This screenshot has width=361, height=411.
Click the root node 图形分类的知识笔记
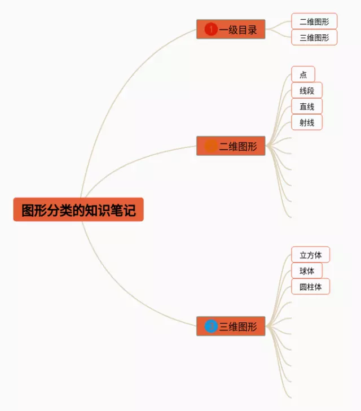tap(78, 209)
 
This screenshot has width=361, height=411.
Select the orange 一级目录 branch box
tap(231, 29)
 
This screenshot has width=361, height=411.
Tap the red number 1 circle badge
tap(211, 29)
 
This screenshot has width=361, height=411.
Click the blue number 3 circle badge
tap(211, 326)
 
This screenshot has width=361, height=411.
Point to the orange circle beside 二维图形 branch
tap(211, 146)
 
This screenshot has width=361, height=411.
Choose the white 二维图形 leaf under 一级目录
tap(314, 21)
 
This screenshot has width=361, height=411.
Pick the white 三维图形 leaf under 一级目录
tap(314, 37)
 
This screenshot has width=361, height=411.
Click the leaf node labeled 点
tap(303, 75)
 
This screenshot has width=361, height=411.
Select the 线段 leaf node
tap(307, 90)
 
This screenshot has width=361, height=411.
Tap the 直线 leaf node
tap(307, 106)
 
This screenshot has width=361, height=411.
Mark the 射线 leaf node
tap(307, 122)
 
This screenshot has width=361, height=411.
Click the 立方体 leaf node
tap(310, 255)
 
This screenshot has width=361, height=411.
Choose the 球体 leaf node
tap(307, 270)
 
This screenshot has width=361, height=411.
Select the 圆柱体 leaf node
tap(310, 286)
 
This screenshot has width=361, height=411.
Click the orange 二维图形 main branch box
tap(231, 146)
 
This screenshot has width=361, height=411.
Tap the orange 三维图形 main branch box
tap(231, 326)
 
